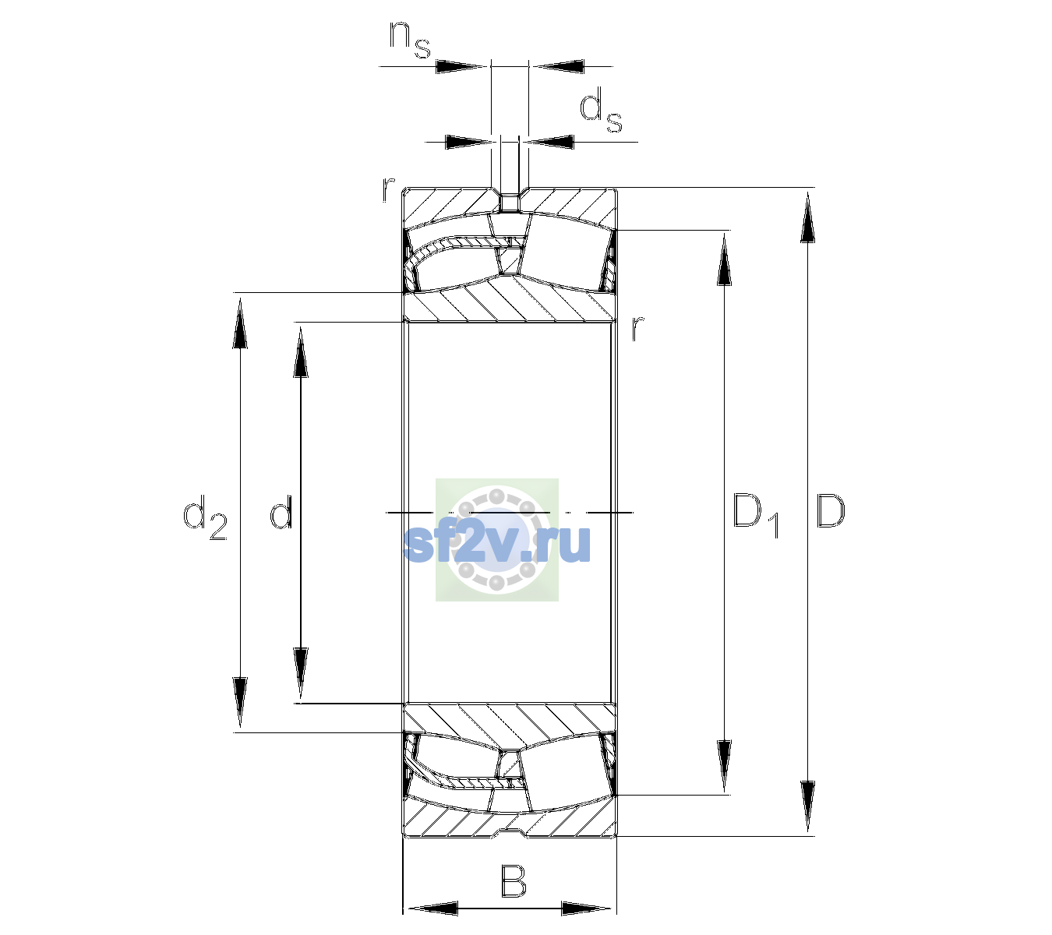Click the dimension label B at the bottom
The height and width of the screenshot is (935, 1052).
[513, 880]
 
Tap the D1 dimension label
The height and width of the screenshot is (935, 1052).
[756, 516]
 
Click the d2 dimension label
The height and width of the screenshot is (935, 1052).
[205, 517]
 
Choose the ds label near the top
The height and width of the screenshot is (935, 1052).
[600, 110]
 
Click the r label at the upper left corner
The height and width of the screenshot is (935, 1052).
[388, 189]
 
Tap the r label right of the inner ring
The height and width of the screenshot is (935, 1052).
[637, 328]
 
